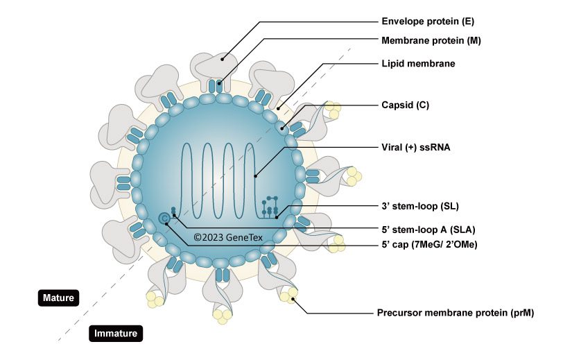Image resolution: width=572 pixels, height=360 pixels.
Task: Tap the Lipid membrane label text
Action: [418, 63]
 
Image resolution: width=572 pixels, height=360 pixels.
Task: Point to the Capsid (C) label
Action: [406, 105]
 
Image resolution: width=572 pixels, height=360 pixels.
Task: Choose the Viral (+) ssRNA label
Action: [416, 147]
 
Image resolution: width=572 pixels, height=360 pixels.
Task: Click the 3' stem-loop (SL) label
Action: [420, 206]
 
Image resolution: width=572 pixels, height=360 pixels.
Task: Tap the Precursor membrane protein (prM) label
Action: [455, 313]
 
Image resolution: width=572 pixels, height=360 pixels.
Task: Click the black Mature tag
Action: [59, 298]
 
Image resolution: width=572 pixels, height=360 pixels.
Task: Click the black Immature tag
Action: [116, 334]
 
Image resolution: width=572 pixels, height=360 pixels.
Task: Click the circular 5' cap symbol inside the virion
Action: [164, 219]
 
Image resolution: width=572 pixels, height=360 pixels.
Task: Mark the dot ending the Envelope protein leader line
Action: [223, 60]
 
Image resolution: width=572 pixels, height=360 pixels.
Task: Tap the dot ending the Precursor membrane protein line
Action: [294, 299]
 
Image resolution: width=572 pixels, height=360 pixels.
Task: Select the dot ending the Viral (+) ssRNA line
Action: [255, 176]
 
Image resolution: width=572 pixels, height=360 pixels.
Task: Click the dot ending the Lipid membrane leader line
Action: [278, 108]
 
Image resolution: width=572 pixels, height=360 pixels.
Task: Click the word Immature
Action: [116, 334]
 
